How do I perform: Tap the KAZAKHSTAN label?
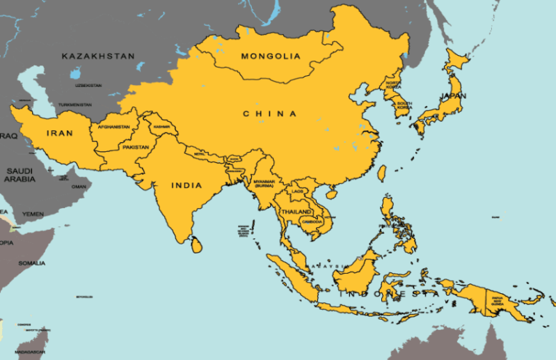pos(97,55)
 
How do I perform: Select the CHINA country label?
pos(269,114)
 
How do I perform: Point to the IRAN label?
pos(60,132)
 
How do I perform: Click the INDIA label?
pos(186,185)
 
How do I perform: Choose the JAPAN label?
pos(452,96)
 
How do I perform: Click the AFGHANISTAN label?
pos(115,127)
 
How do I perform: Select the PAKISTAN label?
pos(136,148)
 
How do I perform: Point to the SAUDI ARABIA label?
pos(21,174)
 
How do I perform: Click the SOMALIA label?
pos(33,263)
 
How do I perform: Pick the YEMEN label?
pos(33,214)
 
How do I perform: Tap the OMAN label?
pos(79,187)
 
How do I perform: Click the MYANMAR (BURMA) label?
pos(264,184)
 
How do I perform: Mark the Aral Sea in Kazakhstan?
pos(74,72)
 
